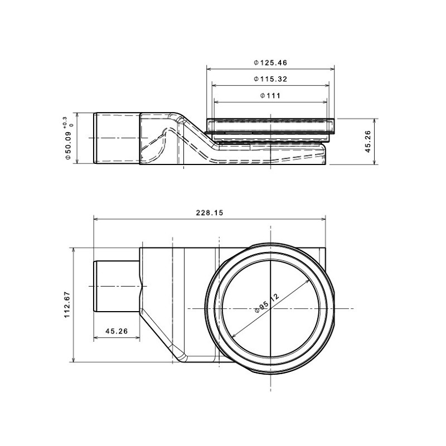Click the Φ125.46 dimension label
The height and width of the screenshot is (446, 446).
(270, 62)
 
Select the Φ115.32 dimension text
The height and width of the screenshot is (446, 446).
(270, 79)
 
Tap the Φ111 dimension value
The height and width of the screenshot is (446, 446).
(270, 95)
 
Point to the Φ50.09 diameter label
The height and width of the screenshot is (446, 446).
(68, 146)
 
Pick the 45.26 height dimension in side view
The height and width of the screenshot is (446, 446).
(368, 142)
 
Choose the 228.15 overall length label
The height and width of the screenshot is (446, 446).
(210, 212)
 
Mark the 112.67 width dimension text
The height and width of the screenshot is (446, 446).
(67, 304)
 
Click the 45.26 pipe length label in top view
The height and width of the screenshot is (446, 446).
(117, 331)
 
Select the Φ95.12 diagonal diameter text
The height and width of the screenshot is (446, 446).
(267, 303)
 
